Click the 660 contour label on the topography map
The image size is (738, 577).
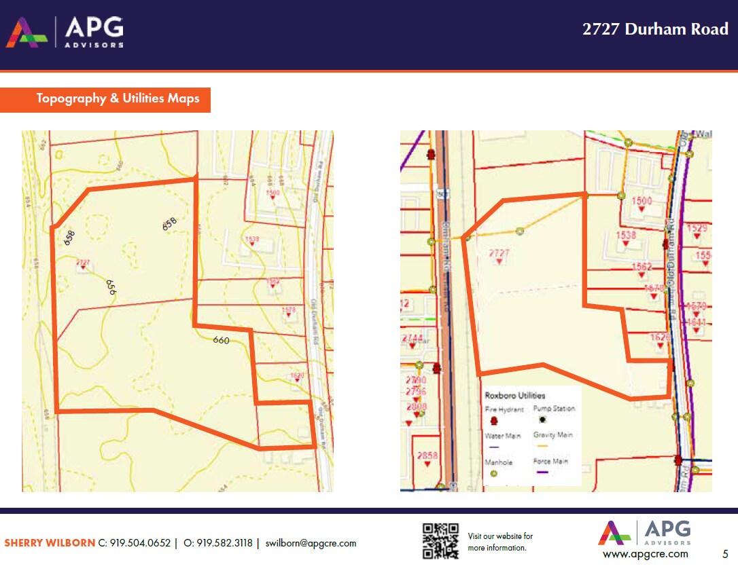coord(221,340)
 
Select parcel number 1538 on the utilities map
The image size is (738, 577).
coord(626,236)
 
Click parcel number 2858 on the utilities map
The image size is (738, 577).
coord(427,455)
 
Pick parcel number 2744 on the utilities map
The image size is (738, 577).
coord(412,338)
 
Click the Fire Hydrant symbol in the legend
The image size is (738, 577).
coord(494,422)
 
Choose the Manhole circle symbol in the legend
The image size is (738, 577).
coord(494,473)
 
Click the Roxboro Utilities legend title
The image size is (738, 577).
coord(514,395)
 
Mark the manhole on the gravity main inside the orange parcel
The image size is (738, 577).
coord(520,231)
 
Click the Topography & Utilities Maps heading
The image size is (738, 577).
coord(118,98)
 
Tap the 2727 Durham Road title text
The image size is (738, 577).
coord(655,29)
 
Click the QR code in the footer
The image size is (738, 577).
coord(440,540)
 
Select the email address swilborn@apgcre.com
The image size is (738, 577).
coord(311,543)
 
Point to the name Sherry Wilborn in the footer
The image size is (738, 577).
coord(50,543)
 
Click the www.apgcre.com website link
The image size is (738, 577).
coord(645,554)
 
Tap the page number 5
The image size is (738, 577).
coord(725,554)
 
